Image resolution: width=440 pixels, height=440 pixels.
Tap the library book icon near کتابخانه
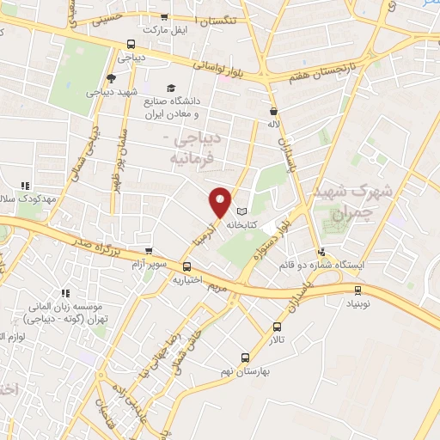point(241,211)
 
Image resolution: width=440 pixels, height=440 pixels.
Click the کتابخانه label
point(244,224)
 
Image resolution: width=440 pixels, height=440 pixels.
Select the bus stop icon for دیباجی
point(131,44)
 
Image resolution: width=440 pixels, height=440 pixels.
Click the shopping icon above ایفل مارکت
point(164,18)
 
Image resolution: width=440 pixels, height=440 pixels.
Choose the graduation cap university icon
point(171,89)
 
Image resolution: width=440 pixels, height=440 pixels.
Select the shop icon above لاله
point(273,111)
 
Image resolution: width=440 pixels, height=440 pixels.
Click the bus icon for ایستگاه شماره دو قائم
point(321,252)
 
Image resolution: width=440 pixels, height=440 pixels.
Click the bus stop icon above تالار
point(277,327)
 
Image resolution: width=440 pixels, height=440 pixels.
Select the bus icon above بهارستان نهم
point(245,357)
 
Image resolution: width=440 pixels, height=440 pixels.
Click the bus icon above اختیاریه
point(184,266)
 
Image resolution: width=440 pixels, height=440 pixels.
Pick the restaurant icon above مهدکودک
point(25,185)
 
